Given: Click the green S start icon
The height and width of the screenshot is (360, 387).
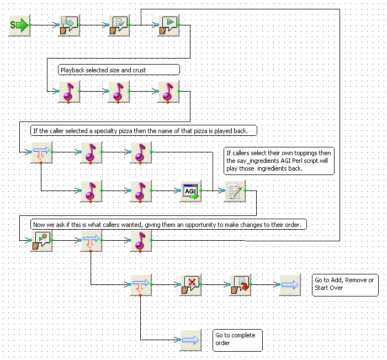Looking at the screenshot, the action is point(19,25).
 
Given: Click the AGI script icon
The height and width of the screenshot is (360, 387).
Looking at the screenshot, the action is point(191,191).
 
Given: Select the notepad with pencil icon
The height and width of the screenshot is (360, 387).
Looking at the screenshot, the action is point(235,191).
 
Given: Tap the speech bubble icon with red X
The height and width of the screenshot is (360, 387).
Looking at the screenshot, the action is point(191,285).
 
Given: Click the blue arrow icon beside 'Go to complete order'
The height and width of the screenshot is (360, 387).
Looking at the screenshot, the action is point(191,340).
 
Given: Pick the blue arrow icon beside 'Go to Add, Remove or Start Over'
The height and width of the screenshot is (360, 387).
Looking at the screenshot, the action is point(290,285).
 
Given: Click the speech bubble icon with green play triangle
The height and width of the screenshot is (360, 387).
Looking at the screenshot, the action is point(168,25).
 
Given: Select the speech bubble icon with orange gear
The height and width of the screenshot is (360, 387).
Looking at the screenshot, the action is point(42,241).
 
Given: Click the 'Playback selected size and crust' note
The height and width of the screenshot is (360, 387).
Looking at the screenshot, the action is point(119,70).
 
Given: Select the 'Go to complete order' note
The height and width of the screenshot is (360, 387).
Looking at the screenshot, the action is point(237,340).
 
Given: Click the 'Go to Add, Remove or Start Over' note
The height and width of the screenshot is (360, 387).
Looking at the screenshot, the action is point(345,285).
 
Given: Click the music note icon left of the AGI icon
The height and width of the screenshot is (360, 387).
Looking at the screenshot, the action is point(141,191).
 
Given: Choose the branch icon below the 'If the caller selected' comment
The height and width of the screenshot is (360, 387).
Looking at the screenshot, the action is point(42,152).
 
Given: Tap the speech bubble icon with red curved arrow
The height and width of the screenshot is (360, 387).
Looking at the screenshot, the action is point(240,285).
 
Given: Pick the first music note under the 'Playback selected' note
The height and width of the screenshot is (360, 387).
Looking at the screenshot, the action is point(70,92).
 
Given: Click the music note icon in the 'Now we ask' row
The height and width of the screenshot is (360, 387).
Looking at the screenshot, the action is point(141,241).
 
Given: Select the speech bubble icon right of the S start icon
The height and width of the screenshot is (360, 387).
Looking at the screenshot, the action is point(70,25).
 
